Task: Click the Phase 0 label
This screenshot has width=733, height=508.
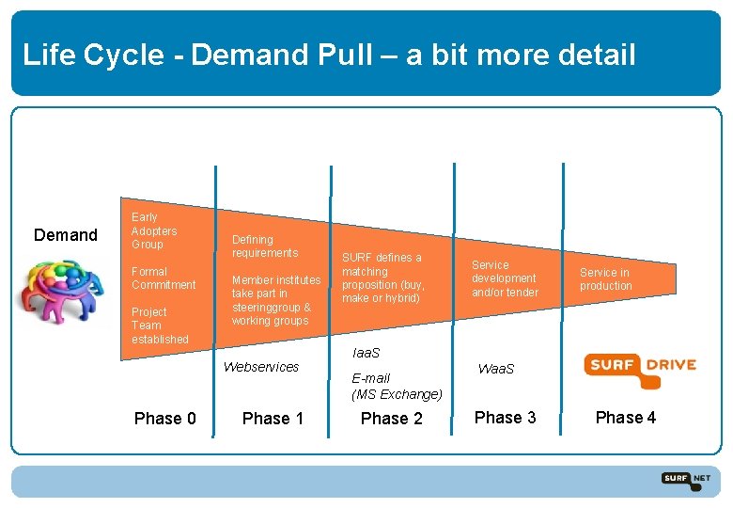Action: [x=165, y=419]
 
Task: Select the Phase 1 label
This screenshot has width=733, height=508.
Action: [x=273, y=419]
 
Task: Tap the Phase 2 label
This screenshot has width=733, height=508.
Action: [x=392, y=419]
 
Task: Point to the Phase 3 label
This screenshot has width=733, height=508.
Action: [x=506, y=417]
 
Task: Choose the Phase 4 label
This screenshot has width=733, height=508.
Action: [x=626, y=417]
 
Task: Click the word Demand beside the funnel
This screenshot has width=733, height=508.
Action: [x=66, y=234]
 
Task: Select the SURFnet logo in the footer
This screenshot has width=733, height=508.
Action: [x=685, y=480]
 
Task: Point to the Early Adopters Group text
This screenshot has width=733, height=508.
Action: [x=154, y=230]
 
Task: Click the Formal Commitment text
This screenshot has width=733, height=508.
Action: [x=164, y=278]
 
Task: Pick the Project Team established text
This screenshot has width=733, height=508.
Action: [x=160, y=325]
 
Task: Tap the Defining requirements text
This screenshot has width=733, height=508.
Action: [x=264, y=246]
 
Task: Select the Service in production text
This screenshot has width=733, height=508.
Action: [x=605, y=279]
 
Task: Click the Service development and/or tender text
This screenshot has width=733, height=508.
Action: [x=505, y=278]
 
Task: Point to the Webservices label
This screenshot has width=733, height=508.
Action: [x=261, y=367]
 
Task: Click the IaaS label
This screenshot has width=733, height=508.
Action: [x=366, y=353]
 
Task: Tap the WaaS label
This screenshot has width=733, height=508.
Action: [x=496, y=369]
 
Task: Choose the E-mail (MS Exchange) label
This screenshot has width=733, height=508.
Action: [x=397, y=387]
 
